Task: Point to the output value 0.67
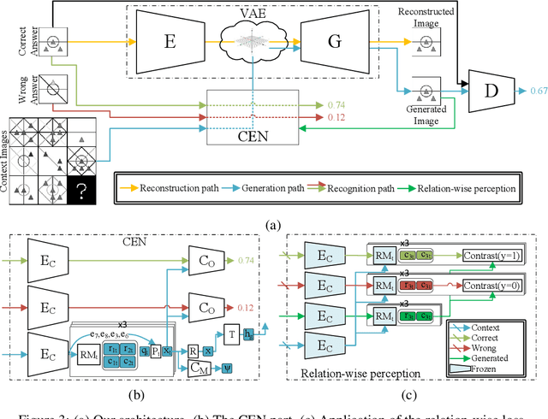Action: click(539, 89)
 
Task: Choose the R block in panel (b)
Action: click(194, 351)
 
